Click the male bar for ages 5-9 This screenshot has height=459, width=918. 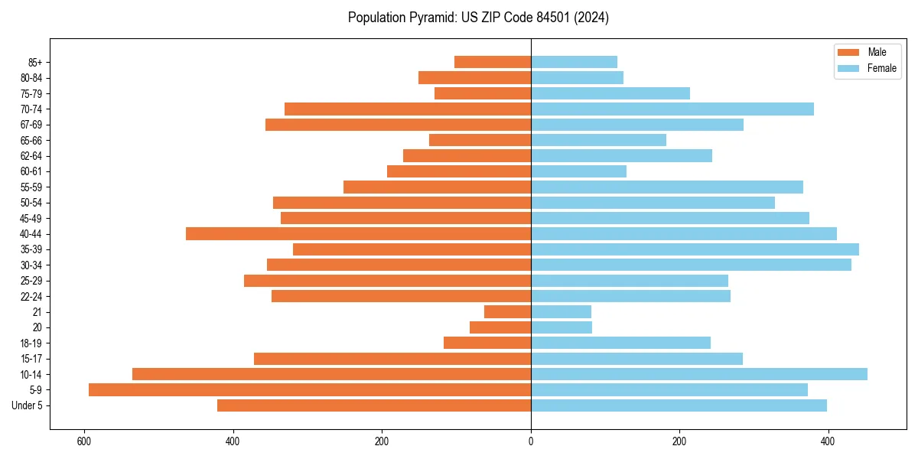tap(310, 390)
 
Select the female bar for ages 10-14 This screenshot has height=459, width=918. tap(699, 374)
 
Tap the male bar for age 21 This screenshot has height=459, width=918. tap(508, 312)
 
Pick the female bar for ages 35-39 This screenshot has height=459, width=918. tap(695, 249)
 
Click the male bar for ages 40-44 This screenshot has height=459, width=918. tap(359, 234)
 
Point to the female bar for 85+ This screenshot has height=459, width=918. tap(574, 62)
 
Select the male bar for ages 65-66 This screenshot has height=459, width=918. tap(480, 140)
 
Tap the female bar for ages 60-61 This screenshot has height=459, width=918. tap(578, 171)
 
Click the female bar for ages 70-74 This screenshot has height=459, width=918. tap(672, 109)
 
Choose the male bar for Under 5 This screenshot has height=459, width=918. tap(374, 405)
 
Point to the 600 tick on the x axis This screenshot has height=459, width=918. tap(84, 442)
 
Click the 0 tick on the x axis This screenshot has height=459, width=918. tap(531, 442)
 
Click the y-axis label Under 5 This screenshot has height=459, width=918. tap(28, 405)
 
